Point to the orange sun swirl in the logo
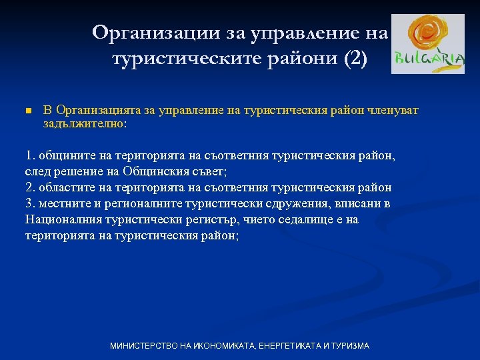coord(424,33)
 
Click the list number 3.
coord(29,203)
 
